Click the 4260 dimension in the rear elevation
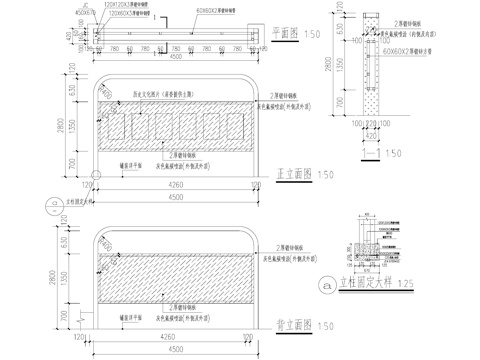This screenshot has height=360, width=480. coord(176,339)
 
